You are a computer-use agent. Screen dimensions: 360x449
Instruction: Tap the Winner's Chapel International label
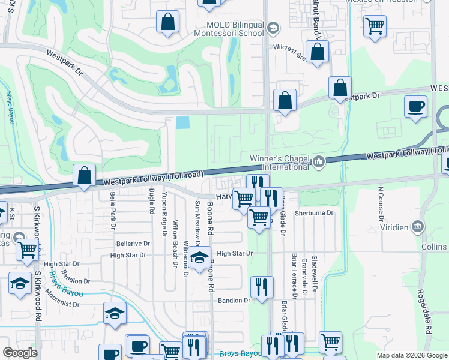coord(280,162)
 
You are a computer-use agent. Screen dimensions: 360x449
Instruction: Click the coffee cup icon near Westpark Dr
coord(416,108)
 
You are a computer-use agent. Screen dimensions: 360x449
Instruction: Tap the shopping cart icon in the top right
coord(375,26)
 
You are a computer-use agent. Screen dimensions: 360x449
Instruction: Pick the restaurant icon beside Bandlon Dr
coord(261,288)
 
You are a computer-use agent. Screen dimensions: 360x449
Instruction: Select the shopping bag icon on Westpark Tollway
coord(85,177)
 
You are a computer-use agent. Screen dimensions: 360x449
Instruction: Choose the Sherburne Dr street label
coord(313,213)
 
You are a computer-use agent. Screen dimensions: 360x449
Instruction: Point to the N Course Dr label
coord(380,204)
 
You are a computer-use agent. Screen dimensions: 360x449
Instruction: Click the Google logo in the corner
coord(20,353)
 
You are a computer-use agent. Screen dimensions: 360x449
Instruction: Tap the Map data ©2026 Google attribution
coord(411,355)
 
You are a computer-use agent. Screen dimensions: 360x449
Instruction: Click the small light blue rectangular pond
coord(182,122)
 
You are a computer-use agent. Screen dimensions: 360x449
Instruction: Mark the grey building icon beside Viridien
coord(418,227)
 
